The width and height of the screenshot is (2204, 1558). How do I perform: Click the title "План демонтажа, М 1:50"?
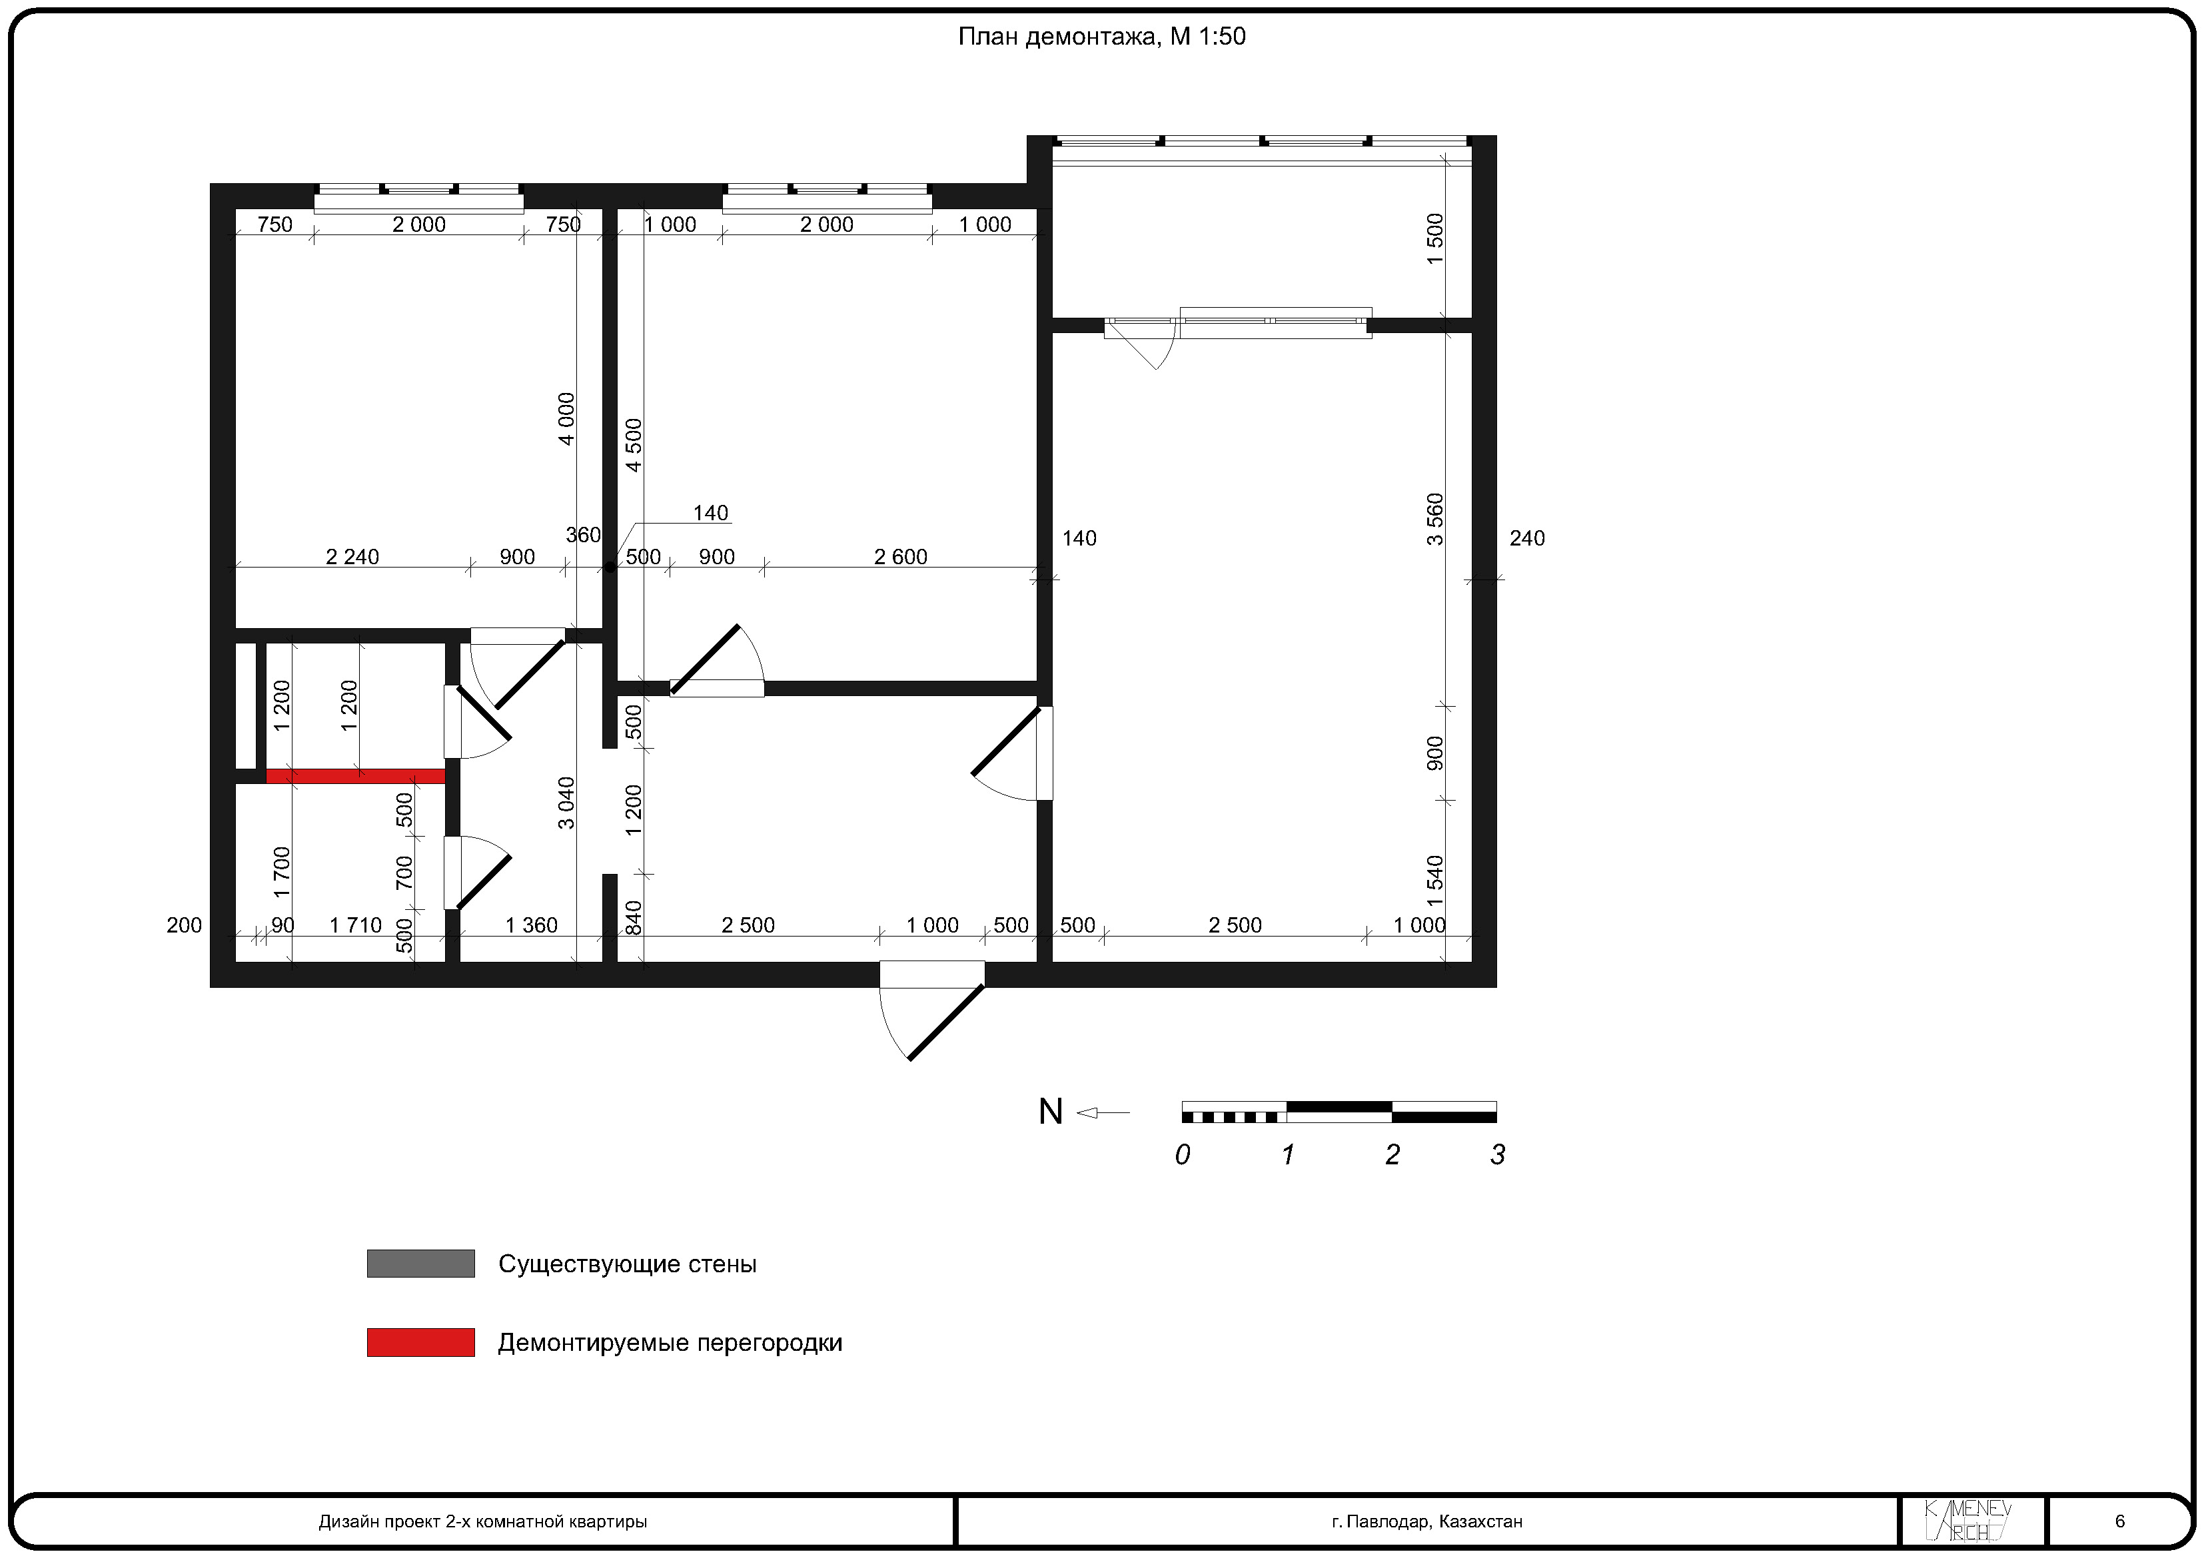[x=1101, y=37]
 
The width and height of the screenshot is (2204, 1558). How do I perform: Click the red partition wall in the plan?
[x=355, y=775]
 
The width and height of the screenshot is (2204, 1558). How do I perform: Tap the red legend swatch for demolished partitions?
[x=420, y=1342]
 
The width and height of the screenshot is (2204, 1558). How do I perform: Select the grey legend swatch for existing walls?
[x=420, y=1264]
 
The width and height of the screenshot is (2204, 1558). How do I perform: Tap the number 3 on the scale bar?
[x=1498, y=1155]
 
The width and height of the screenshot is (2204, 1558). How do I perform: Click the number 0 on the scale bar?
[x=1183, y=1155]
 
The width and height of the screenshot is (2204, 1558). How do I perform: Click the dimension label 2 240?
[x=352, y=557]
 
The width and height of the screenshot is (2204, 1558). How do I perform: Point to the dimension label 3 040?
[x=566, y=803]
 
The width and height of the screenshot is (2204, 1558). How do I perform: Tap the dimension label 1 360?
[x=531, y=925]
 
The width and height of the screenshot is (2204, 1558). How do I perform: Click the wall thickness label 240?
[x=1527, y=538]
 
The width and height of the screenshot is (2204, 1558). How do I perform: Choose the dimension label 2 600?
[x=900, y=557]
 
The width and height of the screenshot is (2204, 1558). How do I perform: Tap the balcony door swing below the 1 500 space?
[x=1143, y=344]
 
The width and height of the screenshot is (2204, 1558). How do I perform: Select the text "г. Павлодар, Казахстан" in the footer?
[x=1426, y=1521]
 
